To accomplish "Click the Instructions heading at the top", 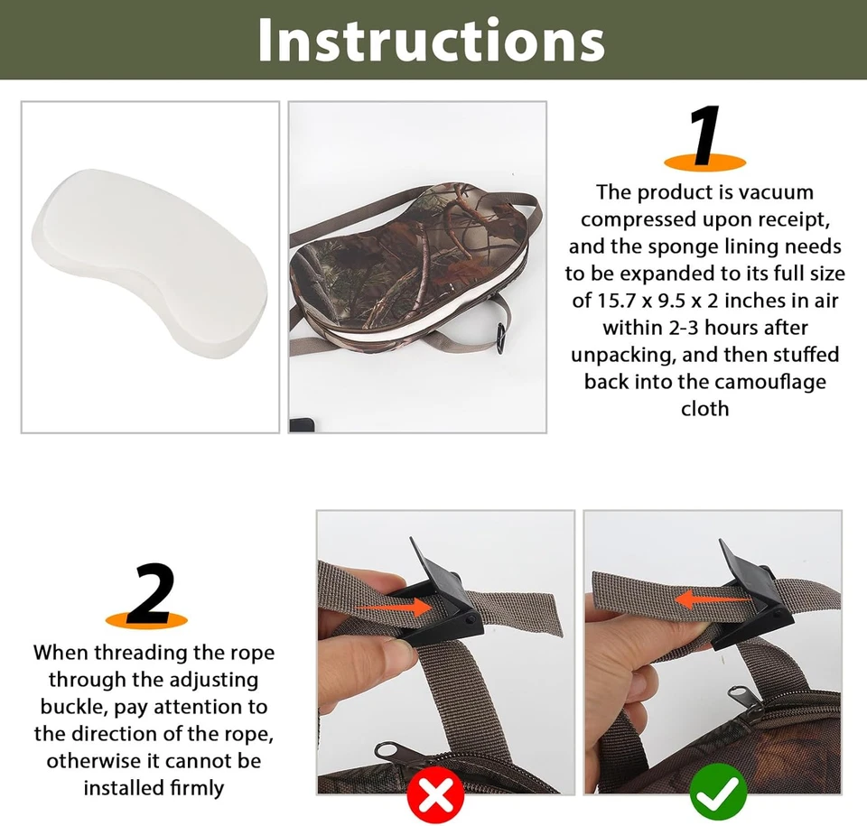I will [432, 40].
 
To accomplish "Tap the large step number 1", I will [705, 136].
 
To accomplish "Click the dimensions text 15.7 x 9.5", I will [665, 301].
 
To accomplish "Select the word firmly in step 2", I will [190, 787].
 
